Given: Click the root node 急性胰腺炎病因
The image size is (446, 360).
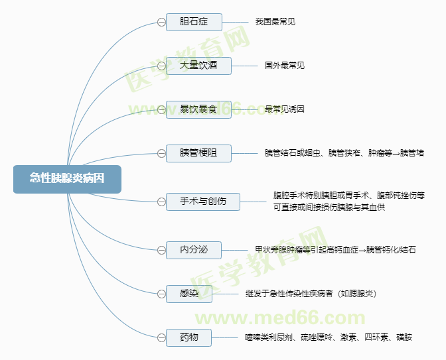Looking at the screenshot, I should tap(67, 178).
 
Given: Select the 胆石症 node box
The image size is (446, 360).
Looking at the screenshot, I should tap(194, 22).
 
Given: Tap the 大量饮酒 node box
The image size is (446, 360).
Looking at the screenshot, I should tap(198, 66).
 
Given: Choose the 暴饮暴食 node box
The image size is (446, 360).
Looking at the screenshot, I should tap(198, 109).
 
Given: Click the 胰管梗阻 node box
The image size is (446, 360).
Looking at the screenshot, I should tap(198, 153).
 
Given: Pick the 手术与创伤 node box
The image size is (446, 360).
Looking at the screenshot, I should tap(203, 200).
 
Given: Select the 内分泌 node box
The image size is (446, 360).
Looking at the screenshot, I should tap(194, 250).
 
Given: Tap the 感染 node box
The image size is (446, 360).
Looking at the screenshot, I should tap(189, 293).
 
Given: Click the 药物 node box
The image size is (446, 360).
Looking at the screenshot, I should tap(189, 337).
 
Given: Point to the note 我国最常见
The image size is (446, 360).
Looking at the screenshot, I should tap(275, 22).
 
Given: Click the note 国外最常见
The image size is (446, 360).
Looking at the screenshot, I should tap(284, 66).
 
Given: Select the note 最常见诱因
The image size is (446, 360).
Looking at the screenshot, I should tap(284, 109).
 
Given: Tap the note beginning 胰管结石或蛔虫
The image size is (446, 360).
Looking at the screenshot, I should tap(344, 153).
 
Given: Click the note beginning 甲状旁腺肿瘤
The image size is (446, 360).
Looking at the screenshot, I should tap(335, 250).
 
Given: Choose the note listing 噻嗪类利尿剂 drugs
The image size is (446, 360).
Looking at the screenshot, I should tap(328, 337).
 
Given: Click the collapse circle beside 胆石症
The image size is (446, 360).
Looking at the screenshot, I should tap(161, 22).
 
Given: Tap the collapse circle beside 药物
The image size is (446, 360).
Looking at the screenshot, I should tap(161, 337).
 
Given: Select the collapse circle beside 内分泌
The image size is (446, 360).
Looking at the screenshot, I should tap(161, 250).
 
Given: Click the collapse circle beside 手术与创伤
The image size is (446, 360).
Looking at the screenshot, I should tap(161, 200).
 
